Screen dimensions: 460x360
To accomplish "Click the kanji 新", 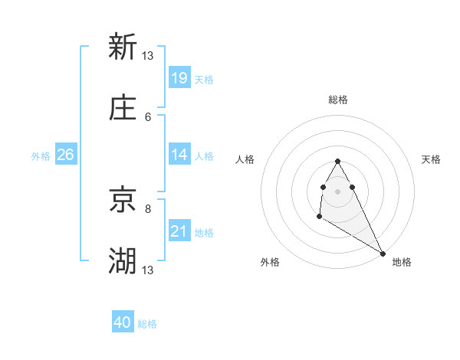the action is tap(123, 47).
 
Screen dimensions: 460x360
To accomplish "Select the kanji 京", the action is tap(123, 201).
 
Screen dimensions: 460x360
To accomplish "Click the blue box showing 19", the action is tap(179, 78).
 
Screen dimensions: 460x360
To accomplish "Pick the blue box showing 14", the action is tap(179, 155).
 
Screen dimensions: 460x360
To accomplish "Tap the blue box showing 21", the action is tap(179, 231).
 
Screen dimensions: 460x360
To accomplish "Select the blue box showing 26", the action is tap(66, 155).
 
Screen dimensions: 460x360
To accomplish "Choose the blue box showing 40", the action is tap(123, 323).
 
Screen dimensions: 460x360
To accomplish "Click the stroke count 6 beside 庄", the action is tap(148, 116).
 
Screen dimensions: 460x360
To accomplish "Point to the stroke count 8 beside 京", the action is tap(148, 208).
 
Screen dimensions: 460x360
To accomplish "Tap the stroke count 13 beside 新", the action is tap(148, 55).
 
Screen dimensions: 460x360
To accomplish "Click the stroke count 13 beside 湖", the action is tap(148, 270).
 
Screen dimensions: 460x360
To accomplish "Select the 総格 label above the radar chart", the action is tap(337, 100).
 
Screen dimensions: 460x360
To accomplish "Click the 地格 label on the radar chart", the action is tap(402, 262).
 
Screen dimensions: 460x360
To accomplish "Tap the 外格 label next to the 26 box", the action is tap(40, 155).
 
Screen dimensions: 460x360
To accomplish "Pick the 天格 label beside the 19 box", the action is tap(204, 80).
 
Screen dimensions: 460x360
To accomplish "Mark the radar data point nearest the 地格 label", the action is tap(383, 253).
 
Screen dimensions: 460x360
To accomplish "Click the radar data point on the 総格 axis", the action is tap(337, 162).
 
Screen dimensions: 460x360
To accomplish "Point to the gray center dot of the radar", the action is tap(337, 190).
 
